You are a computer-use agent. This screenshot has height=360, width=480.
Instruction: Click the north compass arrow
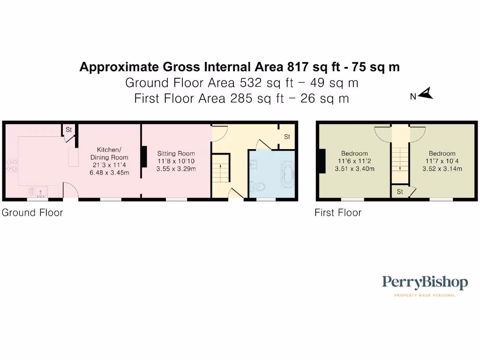[x=426, y=95]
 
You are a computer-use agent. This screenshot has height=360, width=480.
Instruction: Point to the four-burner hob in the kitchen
[x=11, y=165]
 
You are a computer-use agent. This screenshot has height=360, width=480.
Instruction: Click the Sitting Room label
[x=176, y=153]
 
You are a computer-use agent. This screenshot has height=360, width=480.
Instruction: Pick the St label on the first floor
[x=400, y=192]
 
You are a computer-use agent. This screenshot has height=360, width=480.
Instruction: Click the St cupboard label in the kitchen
[x=68, y=129]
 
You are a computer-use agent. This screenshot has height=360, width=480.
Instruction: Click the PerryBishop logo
[x=425, y=283]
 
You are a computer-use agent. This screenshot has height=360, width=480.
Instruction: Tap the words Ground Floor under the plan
[x=32, y=213]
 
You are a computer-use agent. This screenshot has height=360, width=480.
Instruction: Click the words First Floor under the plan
[x=338, y=213]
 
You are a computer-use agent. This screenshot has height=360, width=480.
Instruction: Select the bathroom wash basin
[x=254, y=164]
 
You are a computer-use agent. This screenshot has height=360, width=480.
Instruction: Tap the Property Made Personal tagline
[x=425, y=295]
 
